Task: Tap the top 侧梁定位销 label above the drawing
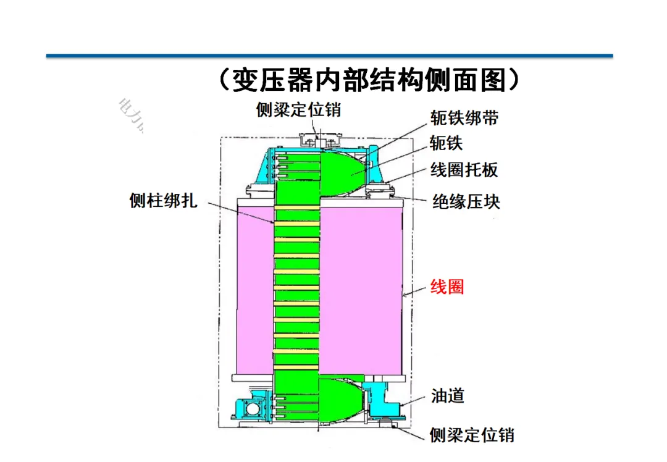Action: click(298, 110)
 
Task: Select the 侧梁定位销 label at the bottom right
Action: click(472, 435)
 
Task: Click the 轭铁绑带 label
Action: click(464, 118)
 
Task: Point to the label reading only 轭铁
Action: click(446, 143)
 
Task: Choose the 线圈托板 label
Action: click(464, 170)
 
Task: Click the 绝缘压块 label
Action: click(466, 201)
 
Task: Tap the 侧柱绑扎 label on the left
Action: click(164, 201)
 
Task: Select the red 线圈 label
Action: click(447, 287)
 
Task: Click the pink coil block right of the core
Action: click(362, 290)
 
